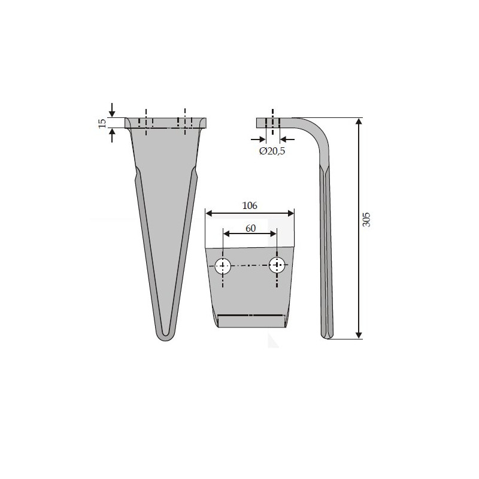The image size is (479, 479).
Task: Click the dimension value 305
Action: pyautogui.click(x=366, y=219)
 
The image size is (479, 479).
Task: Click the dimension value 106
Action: pyautogui.click(x=250, y=205)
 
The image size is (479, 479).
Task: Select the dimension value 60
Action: pyautogui.click(x=250, y=228)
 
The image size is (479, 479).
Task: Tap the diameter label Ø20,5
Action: pyautogui.click(x=272, y=151)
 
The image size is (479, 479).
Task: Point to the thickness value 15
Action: pyautogui.click(x=102, y=123)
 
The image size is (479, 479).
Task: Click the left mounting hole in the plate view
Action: pyautogui.click(x=223, y=266)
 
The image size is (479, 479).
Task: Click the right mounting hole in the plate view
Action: pyautogui.click(x=277, y=265)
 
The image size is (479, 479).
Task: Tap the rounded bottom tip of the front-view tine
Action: pyautogui.click(x=165, y=337)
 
